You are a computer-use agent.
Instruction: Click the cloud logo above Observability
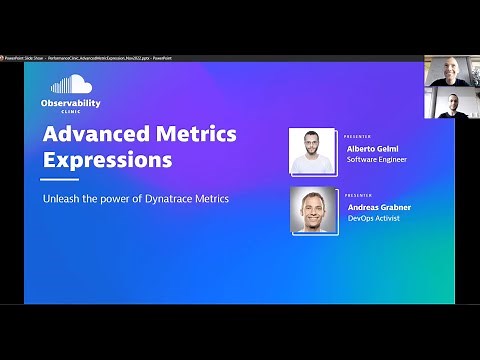coord(70,85)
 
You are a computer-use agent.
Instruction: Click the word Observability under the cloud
coord(71,104)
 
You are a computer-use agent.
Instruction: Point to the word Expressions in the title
coord(107,160)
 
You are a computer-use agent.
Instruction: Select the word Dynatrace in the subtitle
coord(172,198)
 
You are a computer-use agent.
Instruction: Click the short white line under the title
coord(59,180)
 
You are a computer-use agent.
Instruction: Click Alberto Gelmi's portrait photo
coord(313,152)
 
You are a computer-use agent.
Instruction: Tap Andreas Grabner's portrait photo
coord(313,210)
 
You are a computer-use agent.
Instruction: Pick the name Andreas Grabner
coord(379,206)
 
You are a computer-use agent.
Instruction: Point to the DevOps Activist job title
coord(373,219)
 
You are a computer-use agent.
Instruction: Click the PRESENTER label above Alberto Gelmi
coord(357,136)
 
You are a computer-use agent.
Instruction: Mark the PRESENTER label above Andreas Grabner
coord(357,195)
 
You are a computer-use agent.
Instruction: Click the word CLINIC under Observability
coord(71,113)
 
